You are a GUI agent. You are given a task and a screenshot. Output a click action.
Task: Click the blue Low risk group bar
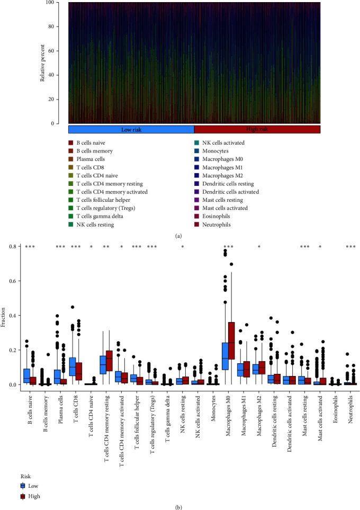pos(131,129)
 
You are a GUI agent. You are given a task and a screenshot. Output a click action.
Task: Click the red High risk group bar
pos(257,129)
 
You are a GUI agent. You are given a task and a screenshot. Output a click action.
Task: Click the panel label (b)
pos(180,505)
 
